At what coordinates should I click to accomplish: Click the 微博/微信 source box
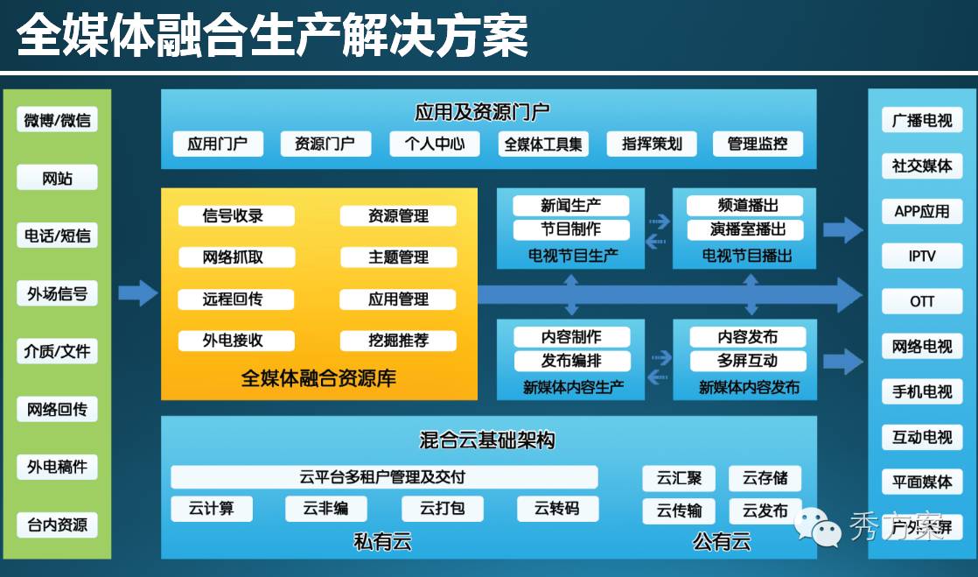pyautogui.click(x=58, y=120)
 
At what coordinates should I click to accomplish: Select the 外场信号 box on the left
pyautogui.click(x=58, y=294)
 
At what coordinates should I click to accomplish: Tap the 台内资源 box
pyautogui.click(x=58, y=525)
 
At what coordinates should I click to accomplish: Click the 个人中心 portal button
pyautogui.click(x=435, y=144)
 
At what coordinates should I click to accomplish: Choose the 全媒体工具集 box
pyautogui.click(x=542, y=144)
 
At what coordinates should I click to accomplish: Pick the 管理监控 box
pyautogui.click(x=758, y=144)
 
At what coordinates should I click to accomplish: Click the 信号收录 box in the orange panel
pyautogui.click(x=233, y=215)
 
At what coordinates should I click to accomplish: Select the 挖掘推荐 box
pyautogui.click(x=398, y=341)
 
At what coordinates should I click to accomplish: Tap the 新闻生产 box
pyautogui.click(x=570, y=206)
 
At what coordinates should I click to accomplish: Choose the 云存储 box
pyautogui.click(x=765, y=478)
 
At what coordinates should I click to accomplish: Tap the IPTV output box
pyautogui.click(x=921, y=256)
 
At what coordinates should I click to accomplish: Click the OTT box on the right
pyautogui.click(x=921, y=301)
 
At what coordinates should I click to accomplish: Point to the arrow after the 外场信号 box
pyautogui.click(x=137, y=293)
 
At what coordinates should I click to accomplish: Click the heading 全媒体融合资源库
pyautogui.click(x=318, y=379)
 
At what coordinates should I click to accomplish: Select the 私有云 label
pyautogui.click(x=382, y=542)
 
